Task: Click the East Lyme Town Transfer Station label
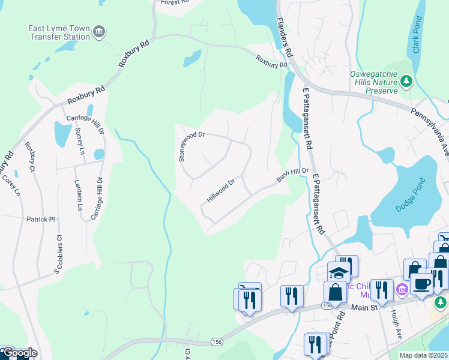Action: (59, 32)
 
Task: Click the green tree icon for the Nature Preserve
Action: (406, 80)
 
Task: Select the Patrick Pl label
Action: (40, 220)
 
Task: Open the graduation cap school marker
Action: (339, 272)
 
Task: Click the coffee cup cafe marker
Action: (421, 284)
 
